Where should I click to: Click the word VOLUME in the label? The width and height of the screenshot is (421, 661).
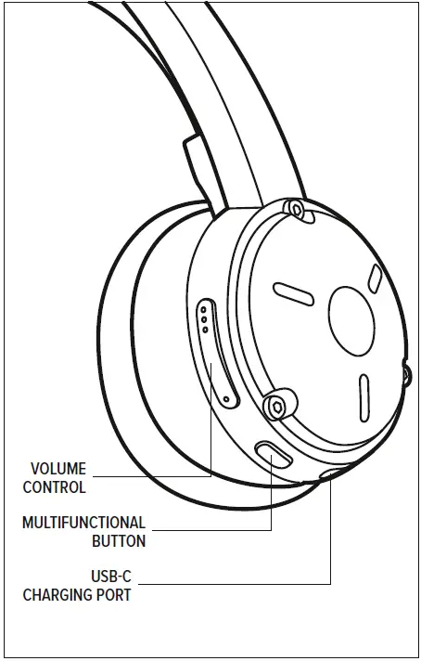click(x=58, y=470)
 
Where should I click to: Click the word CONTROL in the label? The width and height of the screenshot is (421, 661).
click(x=54, y=487)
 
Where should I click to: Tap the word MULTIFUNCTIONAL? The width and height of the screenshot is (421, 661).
click(x=83, y=524)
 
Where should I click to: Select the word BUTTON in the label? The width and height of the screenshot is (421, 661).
click(x=119, y=541)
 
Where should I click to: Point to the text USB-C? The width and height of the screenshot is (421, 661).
click(x=110, y=577)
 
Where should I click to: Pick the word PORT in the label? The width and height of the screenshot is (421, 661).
click(x=115, y=595)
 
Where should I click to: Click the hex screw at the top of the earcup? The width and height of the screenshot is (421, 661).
click(x=296, y=210)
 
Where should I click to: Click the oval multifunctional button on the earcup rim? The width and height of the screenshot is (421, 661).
click(x=272, y=454)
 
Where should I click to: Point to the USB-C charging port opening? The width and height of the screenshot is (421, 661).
click(x=331, y=475)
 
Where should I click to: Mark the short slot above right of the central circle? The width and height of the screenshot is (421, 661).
click(x=375, y=278)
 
